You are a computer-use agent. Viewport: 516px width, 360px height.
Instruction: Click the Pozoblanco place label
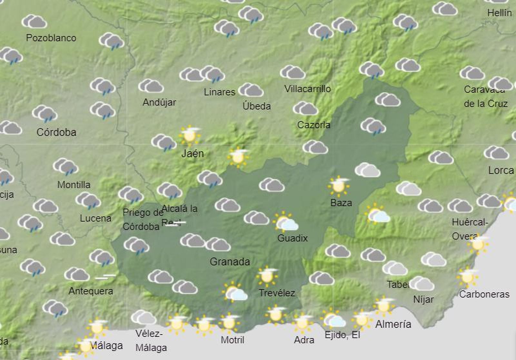[51, 38]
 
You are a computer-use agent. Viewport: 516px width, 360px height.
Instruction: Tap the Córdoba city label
[56, 132]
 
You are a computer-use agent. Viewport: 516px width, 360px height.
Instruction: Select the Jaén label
[193, 153]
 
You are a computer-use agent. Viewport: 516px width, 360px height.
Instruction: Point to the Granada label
[230, 261]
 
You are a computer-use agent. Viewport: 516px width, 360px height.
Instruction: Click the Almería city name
[393, 324]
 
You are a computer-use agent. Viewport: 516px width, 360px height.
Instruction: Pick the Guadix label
[293, 238]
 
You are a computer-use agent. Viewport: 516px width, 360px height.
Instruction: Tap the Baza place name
[341, 203]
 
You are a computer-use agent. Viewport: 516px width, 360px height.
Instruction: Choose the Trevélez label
[277, 293]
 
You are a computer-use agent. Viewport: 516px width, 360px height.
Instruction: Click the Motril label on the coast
[232, 340]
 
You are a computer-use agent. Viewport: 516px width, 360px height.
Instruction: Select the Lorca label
[501, 170]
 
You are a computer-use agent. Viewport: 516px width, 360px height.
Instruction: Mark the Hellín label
[500, 13]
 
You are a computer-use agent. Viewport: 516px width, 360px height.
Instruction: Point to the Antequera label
[91, 291]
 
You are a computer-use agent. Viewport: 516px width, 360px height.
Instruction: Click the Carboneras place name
[484, 294]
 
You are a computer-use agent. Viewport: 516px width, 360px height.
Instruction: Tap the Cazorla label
[313, 125]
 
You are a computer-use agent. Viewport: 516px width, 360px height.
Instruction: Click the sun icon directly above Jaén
[190, 135]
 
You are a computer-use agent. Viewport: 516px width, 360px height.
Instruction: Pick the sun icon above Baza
[338, 186]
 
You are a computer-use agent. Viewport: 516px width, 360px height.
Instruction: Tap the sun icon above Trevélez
[267, 276]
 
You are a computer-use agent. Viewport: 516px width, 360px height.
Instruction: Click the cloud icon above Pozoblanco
[35, 22]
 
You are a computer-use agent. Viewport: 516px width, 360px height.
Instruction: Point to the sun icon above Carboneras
[468, 277]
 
